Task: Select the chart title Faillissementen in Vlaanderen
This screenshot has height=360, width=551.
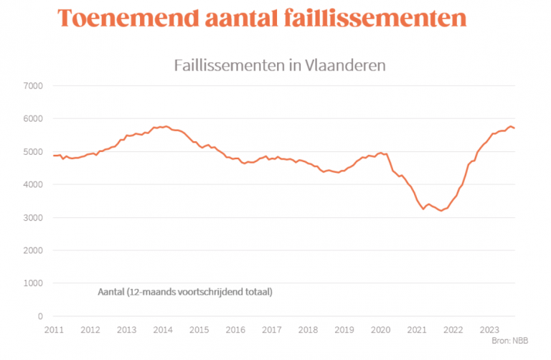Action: (281, 65)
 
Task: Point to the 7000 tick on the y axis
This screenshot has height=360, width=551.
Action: (34, 86)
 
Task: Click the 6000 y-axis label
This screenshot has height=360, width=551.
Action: (34, 119)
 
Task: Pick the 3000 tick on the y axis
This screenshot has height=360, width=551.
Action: (34, 217)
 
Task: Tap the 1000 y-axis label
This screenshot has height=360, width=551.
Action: (34, 283)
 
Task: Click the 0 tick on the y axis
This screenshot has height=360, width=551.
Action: (41, 316)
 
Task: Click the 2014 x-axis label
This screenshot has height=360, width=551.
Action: (163, 330)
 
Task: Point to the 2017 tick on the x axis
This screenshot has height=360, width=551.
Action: (272, 330)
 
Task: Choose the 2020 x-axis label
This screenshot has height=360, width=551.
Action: (380, 330)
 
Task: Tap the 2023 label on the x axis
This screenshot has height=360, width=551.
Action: (489, 330)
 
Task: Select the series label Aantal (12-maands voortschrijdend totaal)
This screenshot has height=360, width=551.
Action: (184, 293)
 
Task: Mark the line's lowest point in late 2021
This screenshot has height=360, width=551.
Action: (441, 211)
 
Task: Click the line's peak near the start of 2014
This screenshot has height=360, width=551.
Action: (167, 126)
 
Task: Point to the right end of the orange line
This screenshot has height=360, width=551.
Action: (514, 128)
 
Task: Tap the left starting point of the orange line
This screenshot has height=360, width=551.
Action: (54, 156)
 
